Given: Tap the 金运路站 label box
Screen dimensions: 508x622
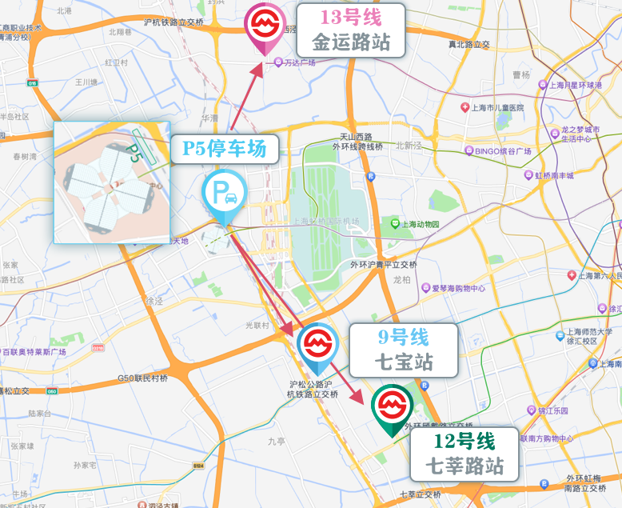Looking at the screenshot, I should pyautogui.click(x=351, y=30).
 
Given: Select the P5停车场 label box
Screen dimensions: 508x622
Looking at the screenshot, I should pyautogui.click(x=225, y=149).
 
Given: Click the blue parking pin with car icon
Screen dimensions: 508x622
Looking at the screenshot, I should pyautogui.click(x=224, y=194).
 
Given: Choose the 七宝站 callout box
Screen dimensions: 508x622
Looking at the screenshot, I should pyautogui.click(x=404, y=350).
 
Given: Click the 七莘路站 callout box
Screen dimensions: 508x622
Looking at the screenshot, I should pyautogui.click(x=465, y=453).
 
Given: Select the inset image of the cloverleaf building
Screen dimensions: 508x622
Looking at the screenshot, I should pyautogui.click(x=112, y=182).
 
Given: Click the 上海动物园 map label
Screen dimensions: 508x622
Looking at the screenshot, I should pyautogui.click(x=415, y=224).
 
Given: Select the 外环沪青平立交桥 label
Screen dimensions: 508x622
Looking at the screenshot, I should pyautogui.click(x=385, y=264).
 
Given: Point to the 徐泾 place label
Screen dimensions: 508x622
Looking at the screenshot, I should pyautogui.click(x=154, y=302).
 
